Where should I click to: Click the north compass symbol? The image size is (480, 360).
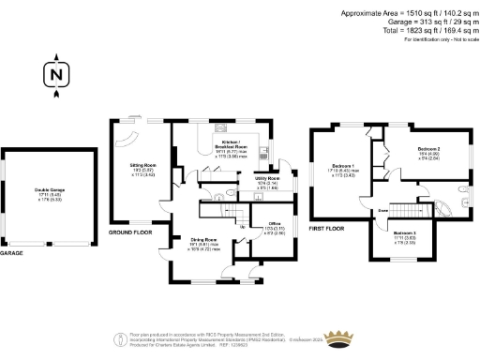click(57, 75)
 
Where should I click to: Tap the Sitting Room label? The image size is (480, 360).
click(142, 171)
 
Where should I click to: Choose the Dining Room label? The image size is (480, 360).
click(205, 242)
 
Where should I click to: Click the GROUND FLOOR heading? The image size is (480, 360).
click(129, 232)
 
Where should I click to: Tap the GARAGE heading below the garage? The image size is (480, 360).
click(12, 253)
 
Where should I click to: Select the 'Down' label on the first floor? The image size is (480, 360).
click(382, 211)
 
